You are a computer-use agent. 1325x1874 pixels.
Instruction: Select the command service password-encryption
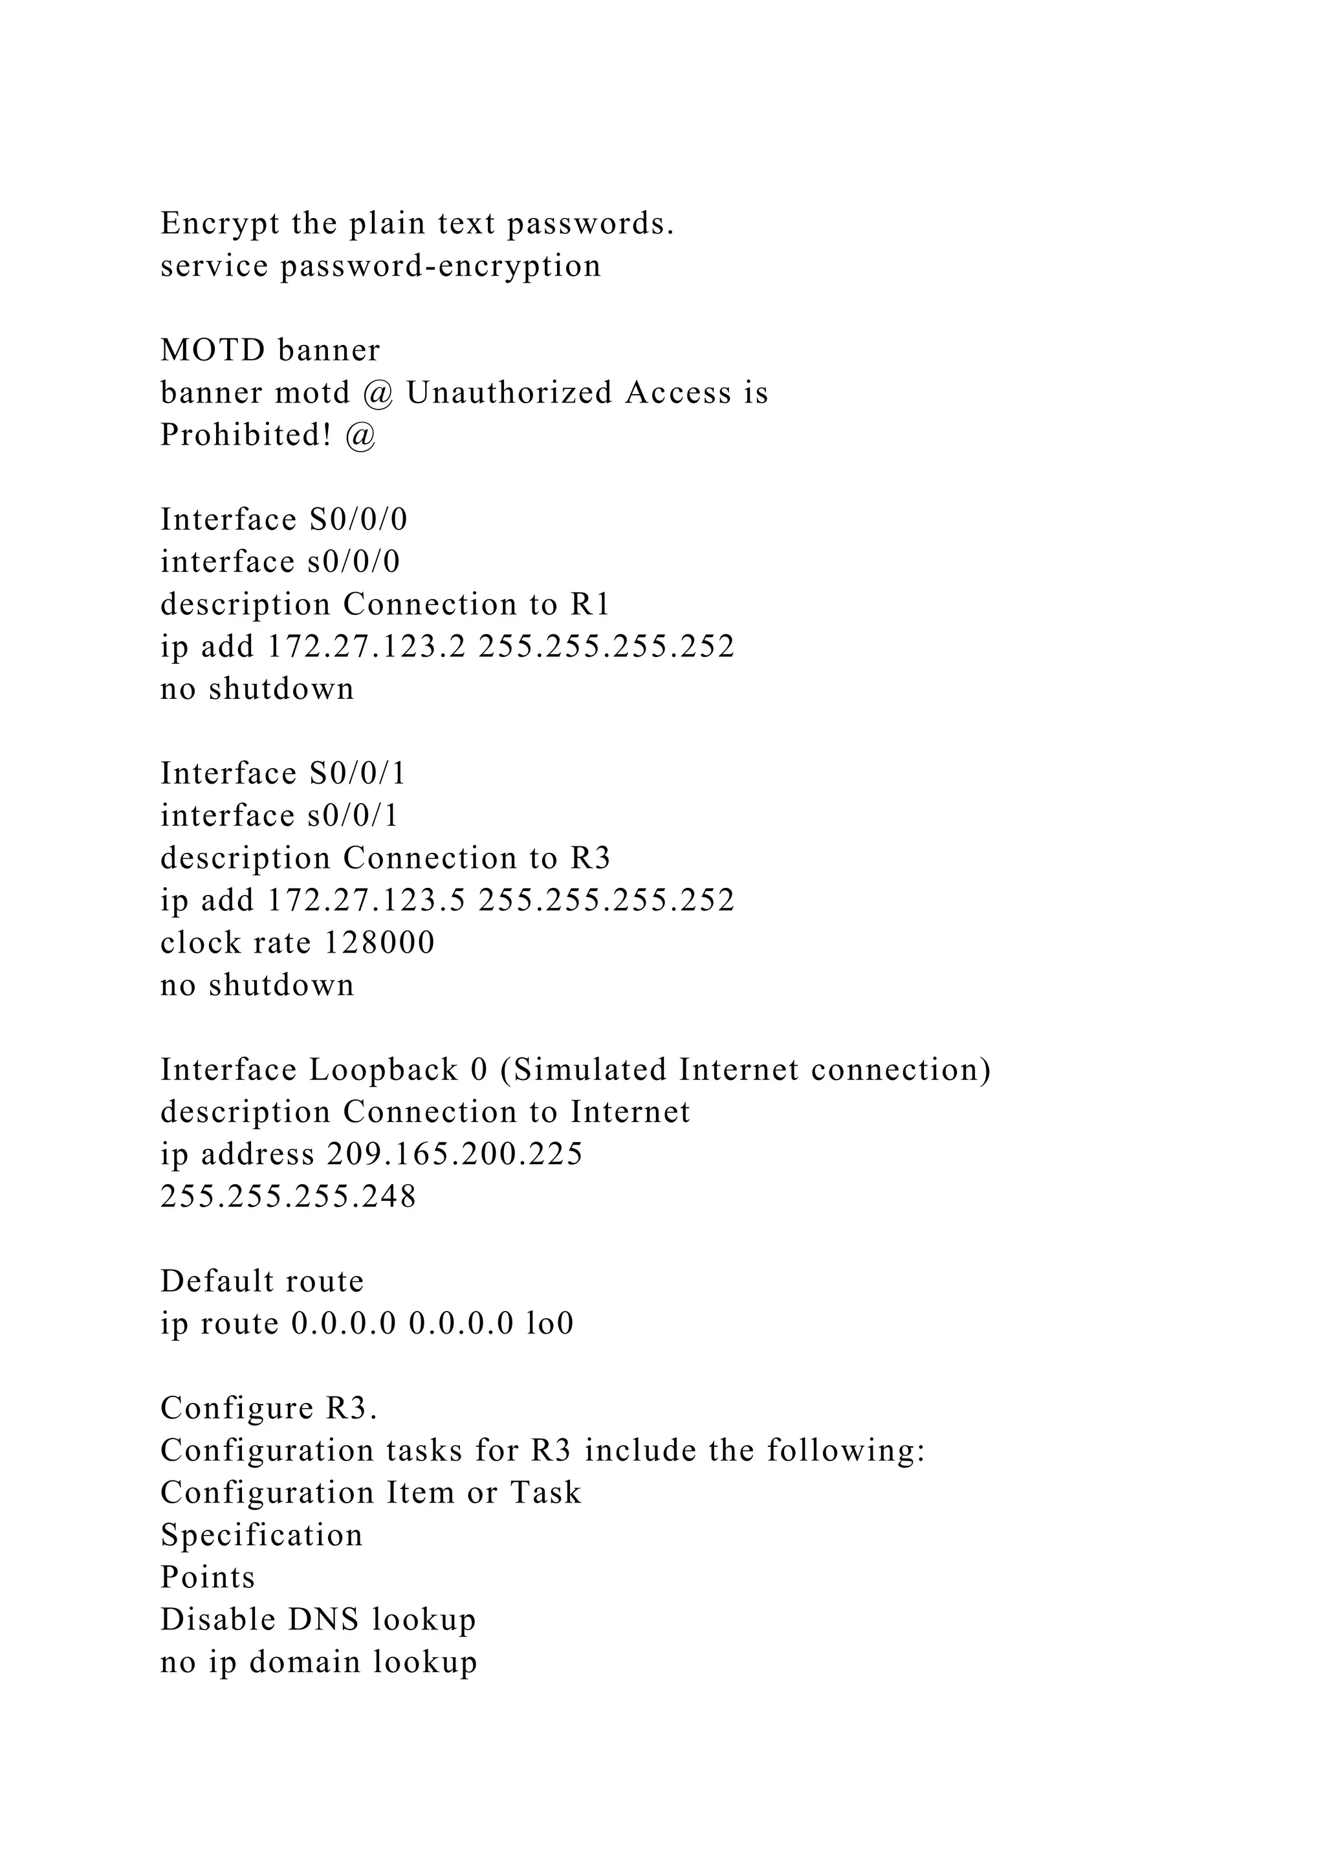coord(380,266)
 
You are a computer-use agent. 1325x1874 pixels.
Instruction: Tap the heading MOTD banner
coord(270,351)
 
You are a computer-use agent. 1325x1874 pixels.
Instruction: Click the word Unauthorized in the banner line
coord(509,393)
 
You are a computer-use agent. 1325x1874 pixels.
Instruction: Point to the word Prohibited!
coord(246,436)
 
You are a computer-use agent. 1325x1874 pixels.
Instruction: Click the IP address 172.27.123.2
coord(366,647)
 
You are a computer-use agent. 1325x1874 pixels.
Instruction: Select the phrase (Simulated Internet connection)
coord(745,1070)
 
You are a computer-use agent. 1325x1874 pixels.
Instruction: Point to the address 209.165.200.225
coord(454,1155)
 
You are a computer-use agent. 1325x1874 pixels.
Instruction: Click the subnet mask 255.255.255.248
coord(288,1197)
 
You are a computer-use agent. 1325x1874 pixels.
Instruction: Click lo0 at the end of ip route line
coord(550,1324)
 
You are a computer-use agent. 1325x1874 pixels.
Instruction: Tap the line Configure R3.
coord(269,1409)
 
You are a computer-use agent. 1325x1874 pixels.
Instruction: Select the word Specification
coord(261,1536)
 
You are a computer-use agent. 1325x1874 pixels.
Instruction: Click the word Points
coord(207,1578)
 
